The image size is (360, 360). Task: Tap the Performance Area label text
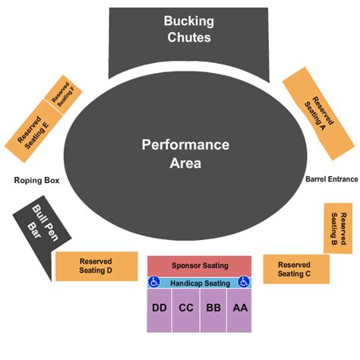tap(185, 153)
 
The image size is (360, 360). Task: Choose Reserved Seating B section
tap(338, 228)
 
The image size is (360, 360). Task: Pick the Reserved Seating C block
tap(296, 269)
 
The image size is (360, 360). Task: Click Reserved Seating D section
tap(96, 266)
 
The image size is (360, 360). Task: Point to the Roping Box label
tap(36, 181)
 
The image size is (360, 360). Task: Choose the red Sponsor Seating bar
tap(199, 266)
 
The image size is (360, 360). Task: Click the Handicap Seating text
tap(199, 283)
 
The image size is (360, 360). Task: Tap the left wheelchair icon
tap(154, 283)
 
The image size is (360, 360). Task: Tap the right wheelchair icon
tap(244, 283)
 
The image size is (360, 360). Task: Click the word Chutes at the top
tap(189, 37)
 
